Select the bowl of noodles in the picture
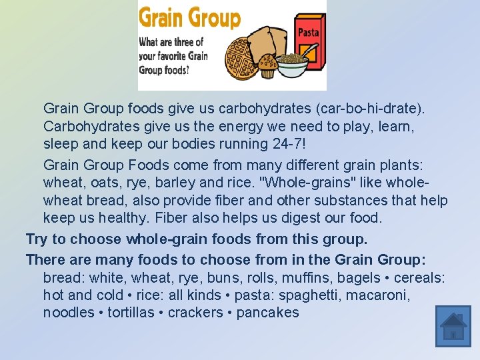coord(291,65)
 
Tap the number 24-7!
coord(275,145)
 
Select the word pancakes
coord(268,313)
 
